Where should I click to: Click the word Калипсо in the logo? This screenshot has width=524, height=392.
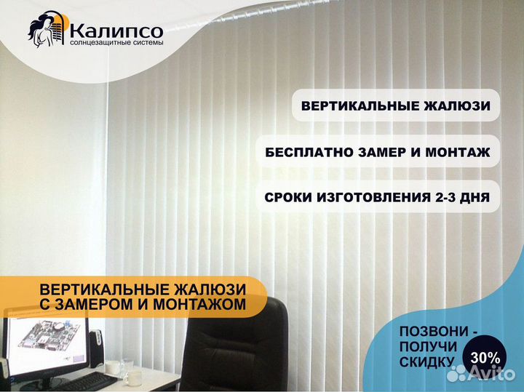click(116, 31)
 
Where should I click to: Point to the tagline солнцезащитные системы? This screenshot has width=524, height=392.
click(116, 43)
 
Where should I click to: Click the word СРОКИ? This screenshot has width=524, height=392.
click(287, 197)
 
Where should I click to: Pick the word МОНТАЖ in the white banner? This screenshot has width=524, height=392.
click(458, 152)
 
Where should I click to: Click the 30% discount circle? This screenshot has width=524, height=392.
click(484, 359)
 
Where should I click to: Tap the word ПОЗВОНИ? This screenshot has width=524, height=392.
click(434, 331)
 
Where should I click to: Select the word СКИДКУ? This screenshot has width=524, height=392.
click(426, 362)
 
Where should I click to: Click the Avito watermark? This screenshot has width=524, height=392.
click(480, 373)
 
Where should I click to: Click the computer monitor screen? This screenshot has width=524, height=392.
click(46, 344)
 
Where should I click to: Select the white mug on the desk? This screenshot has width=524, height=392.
click(133, 377)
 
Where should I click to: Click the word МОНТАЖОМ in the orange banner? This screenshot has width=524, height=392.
click(194, 304)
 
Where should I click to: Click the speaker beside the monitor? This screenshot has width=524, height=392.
click(97, 347)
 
